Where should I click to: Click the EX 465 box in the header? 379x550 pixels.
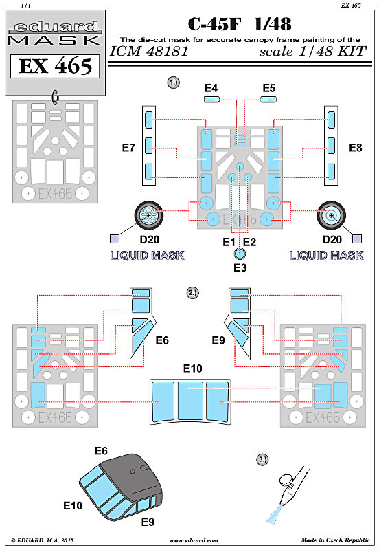[55, 66]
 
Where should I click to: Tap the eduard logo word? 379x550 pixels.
[55, 27]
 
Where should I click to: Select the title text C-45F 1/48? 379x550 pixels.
[240, 24]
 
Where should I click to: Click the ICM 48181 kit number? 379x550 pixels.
[149, 51]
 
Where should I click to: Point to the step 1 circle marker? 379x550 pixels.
[174, 82]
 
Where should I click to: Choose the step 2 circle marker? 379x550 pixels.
[193, 293]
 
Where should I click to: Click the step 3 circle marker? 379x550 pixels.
[262, 459]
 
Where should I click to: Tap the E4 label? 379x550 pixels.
[211, 88]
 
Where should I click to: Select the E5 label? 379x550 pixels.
[269, 88]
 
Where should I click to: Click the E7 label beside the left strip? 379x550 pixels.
[128, 148]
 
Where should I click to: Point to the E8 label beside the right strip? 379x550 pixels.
[355, 148]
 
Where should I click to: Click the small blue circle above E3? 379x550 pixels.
[240, 253]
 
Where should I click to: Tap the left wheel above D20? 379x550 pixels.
[149, 215]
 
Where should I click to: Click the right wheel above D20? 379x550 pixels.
[332, 215]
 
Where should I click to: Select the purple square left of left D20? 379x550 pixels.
[115, 239]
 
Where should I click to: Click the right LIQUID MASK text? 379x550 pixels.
[326, 255]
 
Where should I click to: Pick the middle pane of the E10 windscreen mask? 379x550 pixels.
[191, 400]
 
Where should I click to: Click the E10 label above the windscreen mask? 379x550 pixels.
[193, 368]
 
